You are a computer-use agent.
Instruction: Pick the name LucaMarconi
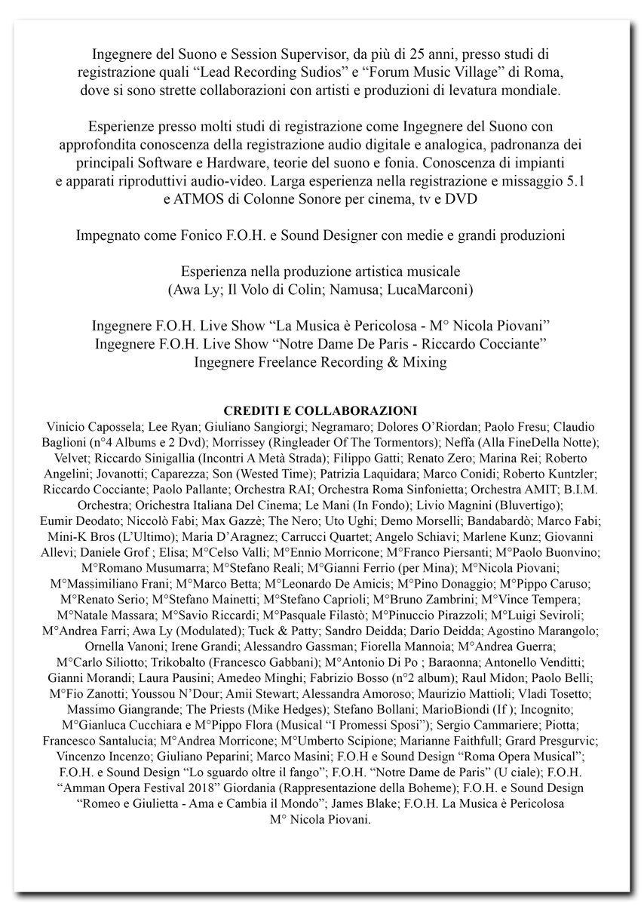pyautogui.click(x=434, y=290)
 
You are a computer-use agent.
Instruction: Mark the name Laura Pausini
pyautogui.click(x=155, y=677)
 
